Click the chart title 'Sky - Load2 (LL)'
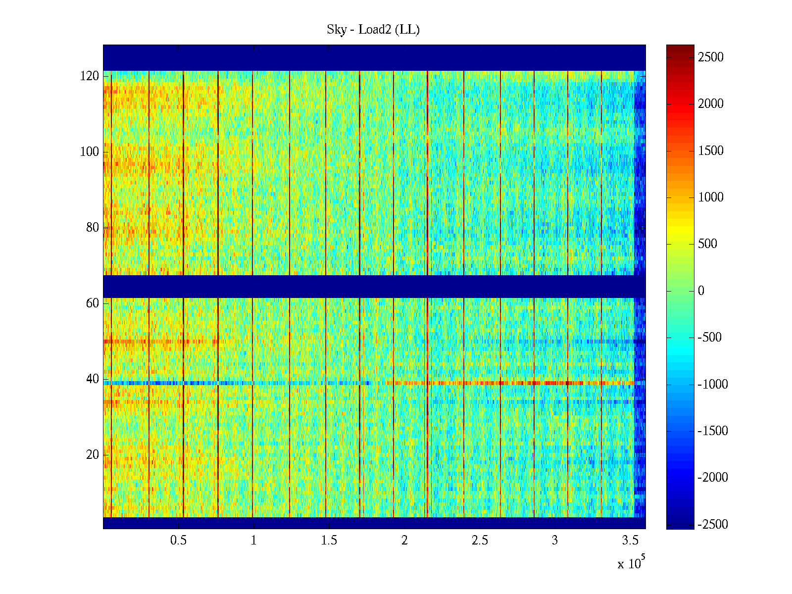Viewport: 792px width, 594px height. click(x=373, y=30)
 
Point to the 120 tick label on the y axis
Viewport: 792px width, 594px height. click(x=90, y=76)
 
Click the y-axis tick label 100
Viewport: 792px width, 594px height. click(x=90, y=152)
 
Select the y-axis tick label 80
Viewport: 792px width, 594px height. click(x=93, y=228)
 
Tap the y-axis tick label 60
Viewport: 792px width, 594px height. click(x=93, y=303)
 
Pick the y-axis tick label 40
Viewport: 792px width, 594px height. click(x=93, y=379)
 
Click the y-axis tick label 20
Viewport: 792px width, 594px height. click(x=93, y=455)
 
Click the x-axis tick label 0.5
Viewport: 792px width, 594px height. click(x=178, y=541)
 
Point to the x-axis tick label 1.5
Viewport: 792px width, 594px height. click(x=329, y=541)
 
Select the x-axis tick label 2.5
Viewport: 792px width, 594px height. click(x=480, y=541)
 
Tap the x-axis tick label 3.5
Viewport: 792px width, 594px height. click(x=630, y=541)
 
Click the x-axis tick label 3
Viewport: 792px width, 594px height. click(x=555, y=541)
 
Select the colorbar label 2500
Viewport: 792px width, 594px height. click(x=711, y=57)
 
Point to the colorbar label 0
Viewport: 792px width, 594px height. click(x=701, y=291)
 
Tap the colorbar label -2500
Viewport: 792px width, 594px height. click(x=713, y=525)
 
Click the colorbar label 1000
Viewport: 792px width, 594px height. click(x=711, y=198)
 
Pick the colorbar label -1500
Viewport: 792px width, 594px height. click(x=713, y=431)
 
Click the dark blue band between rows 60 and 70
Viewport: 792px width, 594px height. click(x=374, y=287)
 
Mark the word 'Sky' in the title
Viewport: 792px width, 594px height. click(x=337, y=30)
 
